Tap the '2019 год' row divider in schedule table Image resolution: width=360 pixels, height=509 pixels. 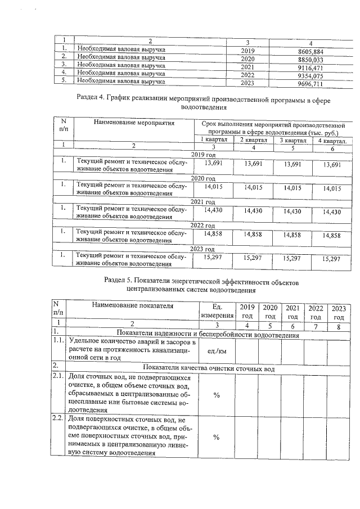click(203, 154)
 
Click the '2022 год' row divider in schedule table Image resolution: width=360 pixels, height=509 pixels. click(203, 225)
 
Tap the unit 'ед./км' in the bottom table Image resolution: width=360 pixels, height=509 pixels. click(216, 351)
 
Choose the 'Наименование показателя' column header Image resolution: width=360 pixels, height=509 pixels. click(133, 307)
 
